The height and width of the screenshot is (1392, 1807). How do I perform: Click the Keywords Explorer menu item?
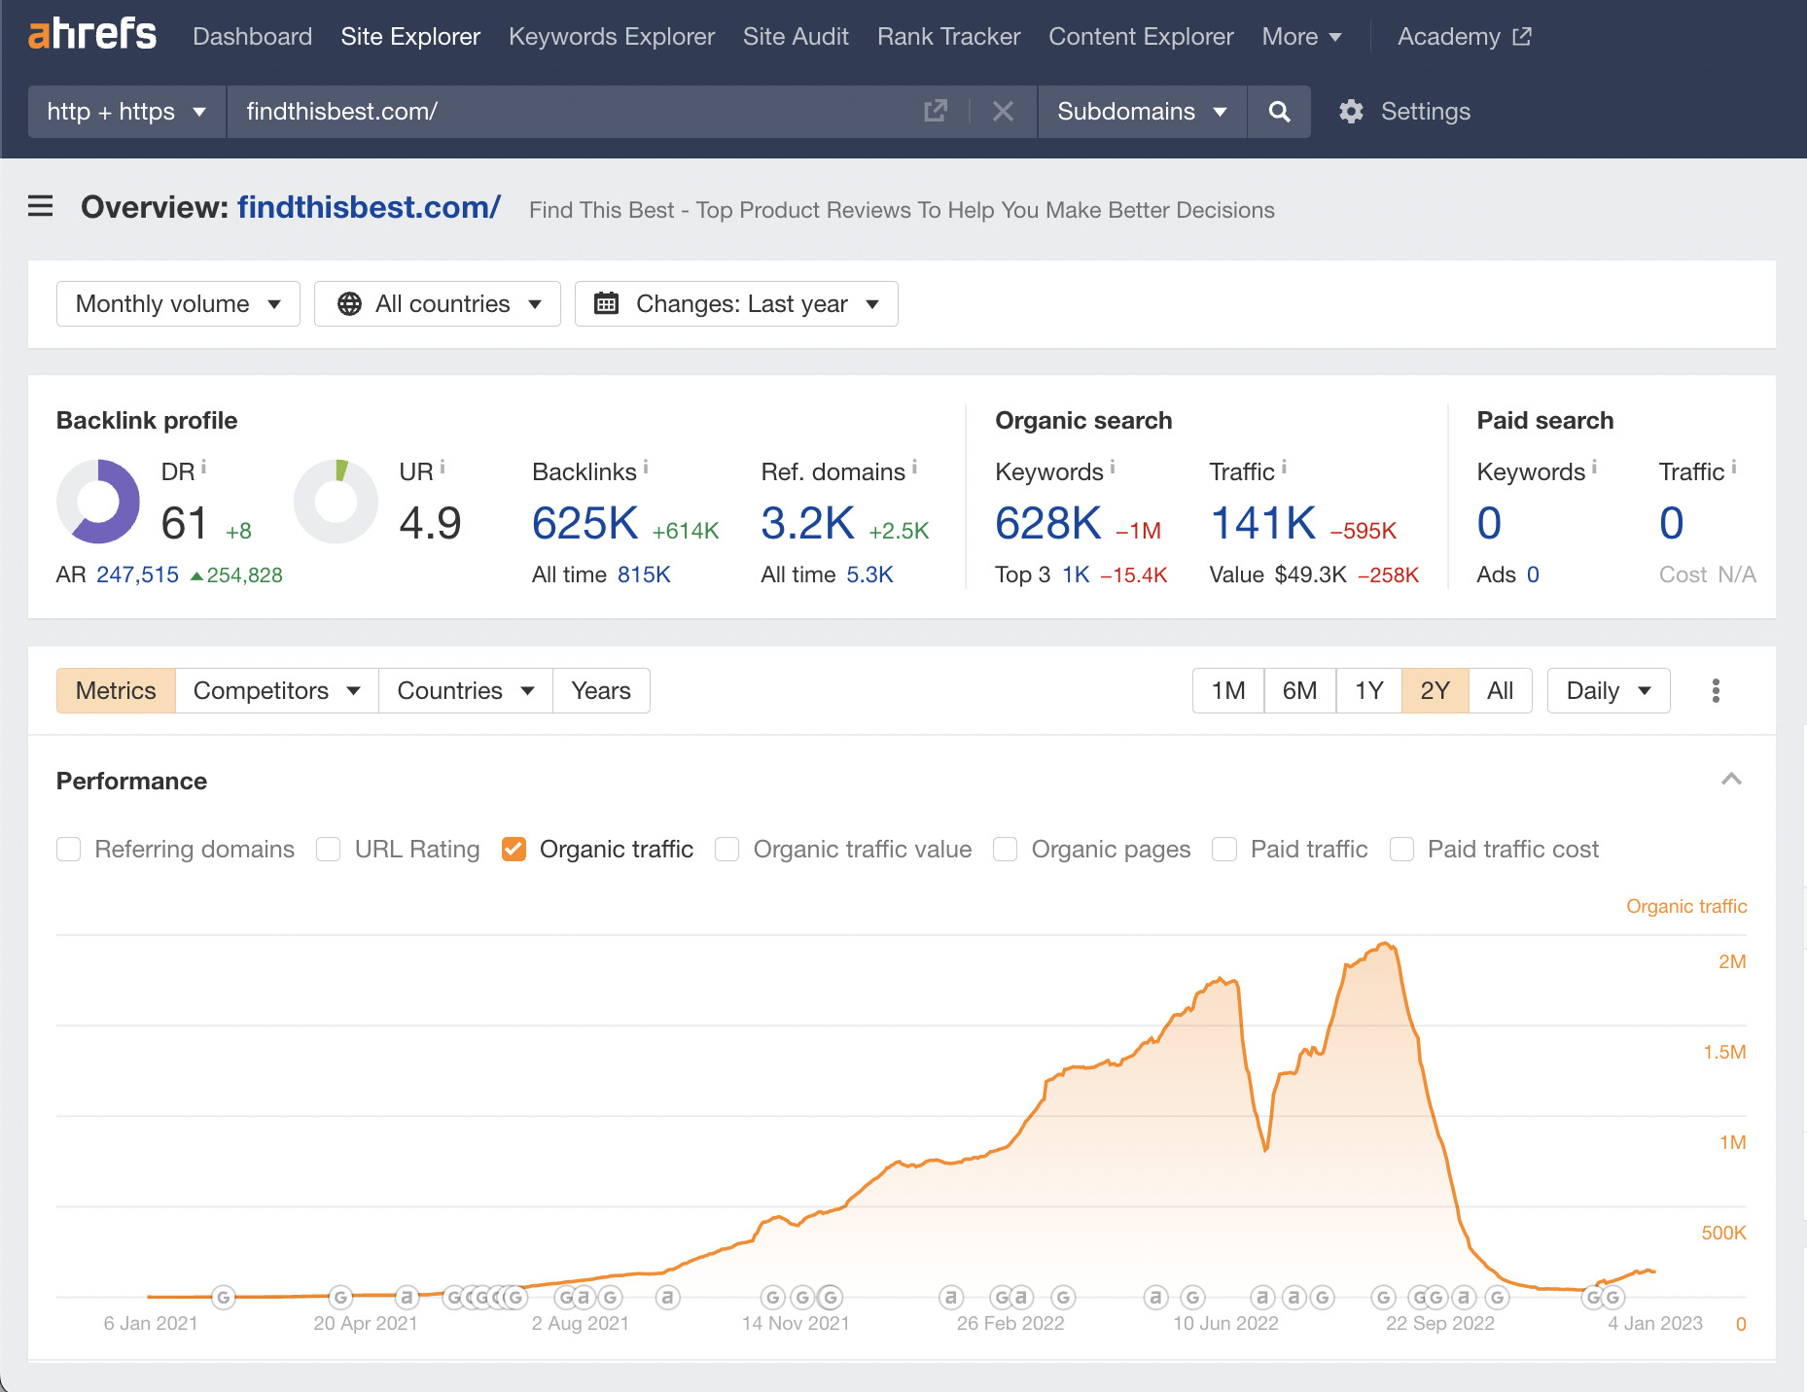tap(611, 37)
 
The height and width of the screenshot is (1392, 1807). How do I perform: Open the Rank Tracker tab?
tap(948, 37)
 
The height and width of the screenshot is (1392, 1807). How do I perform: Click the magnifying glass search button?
tap(1279, 112)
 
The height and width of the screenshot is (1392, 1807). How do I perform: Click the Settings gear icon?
tap(1351, 112)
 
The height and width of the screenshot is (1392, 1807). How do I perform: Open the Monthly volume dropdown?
tap(178, 304)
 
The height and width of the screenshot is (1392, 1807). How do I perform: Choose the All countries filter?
tap(438, 304)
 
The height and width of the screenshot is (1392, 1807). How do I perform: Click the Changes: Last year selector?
tap(736, 304)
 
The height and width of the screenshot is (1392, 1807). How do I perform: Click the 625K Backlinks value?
tap(585, 524)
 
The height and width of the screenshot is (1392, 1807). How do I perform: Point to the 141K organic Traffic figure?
tap(1262, 524)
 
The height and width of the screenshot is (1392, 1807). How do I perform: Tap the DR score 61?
tap(184, 524)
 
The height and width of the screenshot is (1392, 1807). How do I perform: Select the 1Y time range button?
tap(1368, 691)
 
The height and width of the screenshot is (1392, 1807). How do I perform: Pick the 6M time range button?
tap(1299, 691)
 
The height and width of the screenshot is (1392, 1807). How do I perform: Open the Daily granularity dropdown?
tap(1608, 691)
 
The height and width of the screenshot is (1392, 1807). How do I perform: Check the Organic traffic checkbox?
tap(514, 850)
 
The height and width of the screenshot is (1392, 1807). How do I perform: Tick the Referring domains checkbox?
tap(69, 850)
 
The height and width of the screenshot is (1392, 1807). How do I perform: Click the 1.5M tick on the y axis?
tap(1723, 1052)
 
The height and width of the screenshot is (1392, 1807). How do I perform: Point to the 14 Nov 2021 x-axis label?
tap(796, 1323)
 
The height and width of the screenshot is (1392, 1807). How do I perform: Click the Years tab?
tap(601, 691)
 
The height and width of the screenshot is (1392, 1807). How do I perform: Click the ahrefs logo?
tap(92, 35)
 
